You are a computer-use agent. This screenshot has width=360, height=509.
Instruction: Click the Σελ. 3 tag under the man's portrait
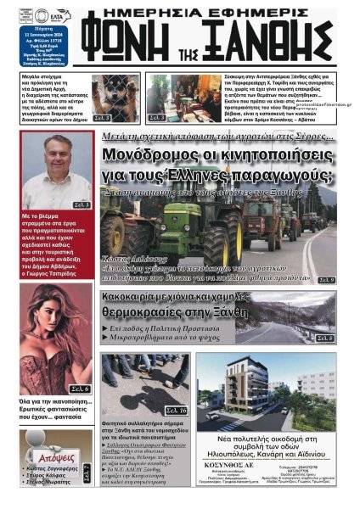coord(81,204)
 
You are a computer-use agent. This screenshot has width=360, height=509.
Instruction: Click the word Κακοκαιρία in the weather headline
coord(141,299)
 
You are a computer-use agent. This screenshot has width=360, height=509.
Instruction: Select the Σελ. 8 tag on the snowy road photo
coord(324,338)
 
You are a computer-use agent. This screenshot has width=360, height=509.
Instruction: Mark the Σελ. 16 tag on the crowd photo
coord(177,387)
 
